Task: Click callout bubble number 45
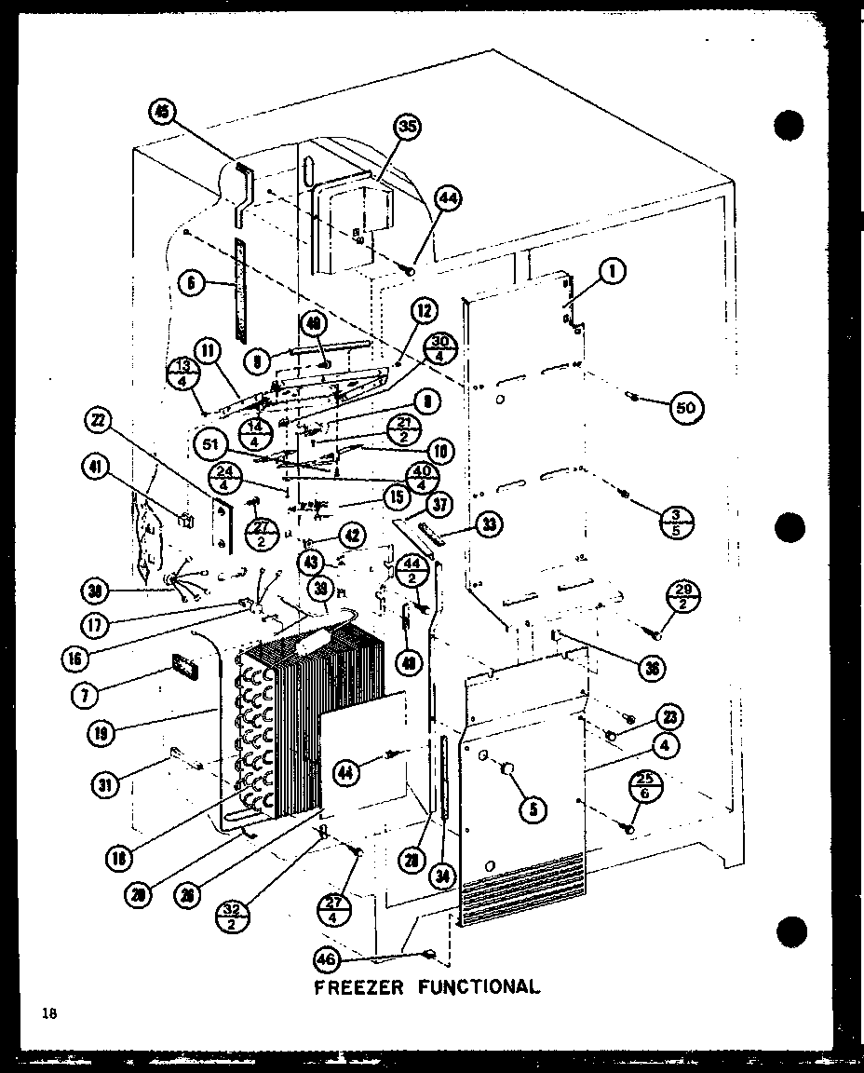(163, 114)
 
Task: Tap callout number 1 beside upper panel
(612, 271)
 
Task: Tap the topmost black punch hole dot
(788, 125)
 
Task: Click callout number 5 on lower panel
(532, 809)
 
